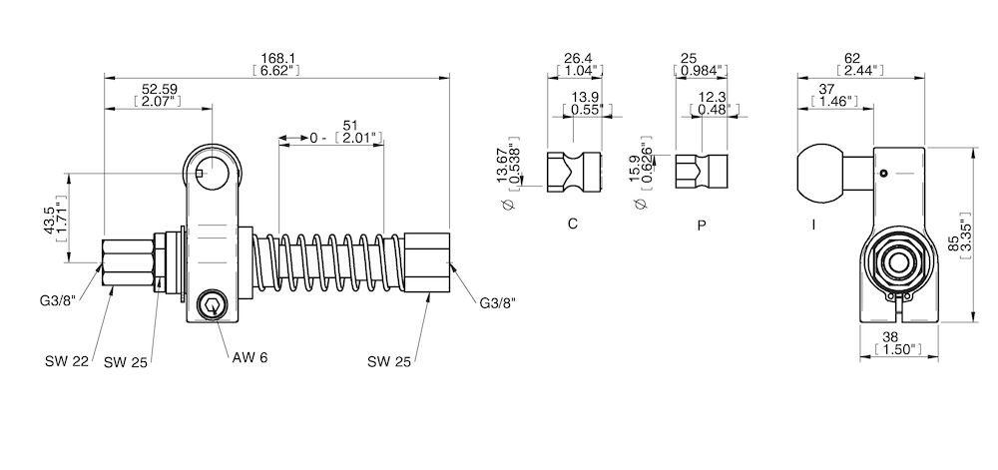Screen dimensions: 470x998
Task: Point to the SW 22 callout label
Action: (x=65, y=361)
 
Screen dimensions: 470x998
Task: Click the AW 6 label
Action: (x=250, y=356)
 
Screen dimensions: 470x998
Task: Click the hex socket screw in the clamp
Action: (x=212, y=306)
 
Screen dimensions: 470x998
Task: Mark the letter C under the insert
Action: (x=573, y=224)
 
